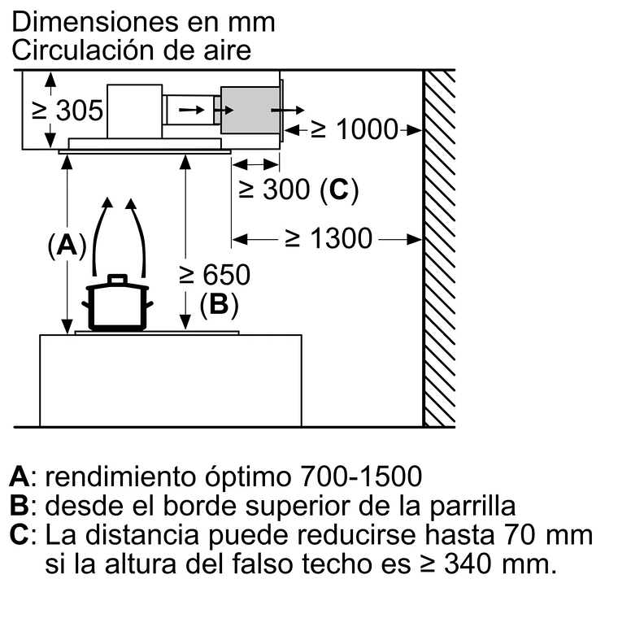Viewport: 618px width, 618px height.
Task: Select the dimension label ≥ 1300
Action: click(328, 238)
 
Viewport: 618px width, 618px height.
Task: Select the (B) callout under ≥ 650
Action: click(219, 304)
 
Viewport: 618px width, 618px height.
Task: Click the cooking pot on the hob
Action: click(119, 308)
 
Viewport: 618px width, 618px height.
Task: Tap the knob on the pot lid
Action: click(118, 279)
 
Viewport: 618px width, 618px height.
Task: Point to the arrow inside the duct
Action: click(192, 107)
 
